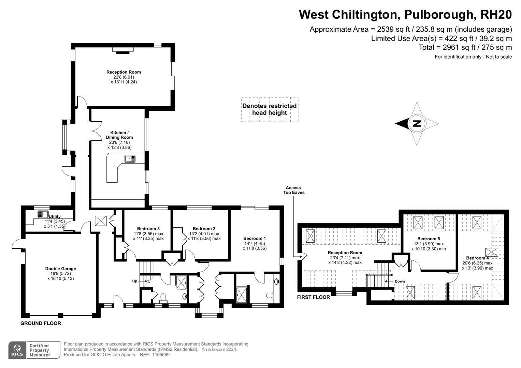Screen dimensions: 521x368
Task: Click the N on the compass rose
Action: pyautogui.click(x=417, y=124)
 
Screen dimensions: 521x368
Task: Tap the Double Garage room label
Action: pyautogui.click(x=60, y=269)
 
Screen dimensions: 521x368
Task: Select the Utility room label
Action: pyautogui.click(x=55, y=216)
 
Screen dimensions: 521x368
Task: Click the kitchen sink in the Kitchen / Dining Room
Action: pyautogui.click(x=130, y=159)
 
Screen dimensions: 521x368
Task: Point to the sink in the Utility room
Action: pyautogui.click(x=43, y=214)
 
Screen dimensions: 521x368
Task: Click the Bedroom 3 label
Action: pyautogui.click(x=148, y=229)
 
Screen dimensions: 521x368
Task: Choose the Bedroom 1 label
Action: pyautogui.click(x=255, y=239)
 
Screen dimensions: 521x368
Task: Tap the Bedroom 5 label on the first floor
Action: pyautogui.click(x=429, y=239)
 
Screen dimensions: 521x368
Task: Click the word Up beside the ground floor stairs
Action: pyautogui.click(x=135, y=281)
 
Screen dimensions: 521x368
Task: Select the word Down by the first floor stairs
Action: pyautogui.click(x=400, y=281)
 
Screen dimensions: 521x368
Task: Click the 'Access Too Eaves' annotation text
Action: pyautogui.click(x=294, y=190)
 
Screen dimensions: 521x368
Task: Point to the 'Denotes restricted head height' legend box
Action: pyautogui.click(x=270, y=109)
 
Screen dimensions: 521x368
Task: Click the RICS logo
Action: pyautogui.click(x=17, y=350)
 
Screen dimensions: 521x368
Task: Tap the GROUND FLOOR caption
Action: pyautogui.click(x=41, y=323)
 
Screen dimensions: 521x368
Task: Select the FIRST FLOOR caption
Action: pyautogui.click(x=314, y=297)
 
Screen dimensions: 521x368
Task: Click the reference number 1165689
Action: pyautogui.click(x=161, y=355)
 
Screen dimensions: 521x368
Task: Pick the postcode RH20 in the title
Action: pyautogui.click(x=496, y=14)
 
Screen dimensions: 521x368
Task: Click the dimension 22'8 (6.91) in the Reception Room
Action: pyautogui.click(x=124, y=77)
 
